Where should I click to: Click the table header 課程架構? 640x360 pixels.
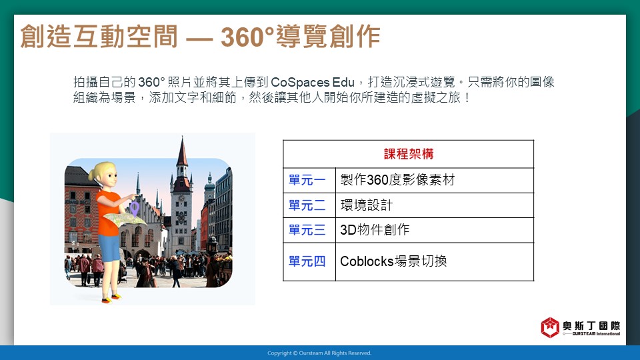409,154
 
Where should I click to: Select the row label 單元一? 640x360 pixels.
307,180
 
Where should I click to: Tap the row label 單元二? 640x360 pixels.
307,205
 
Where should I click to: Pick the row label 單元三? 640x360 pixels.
307,230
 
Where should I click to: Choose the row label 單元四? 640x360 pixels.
307,261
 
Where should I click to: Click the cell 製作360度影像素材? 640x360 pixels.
397,180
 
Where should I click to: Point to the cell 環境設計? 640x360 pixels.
366,205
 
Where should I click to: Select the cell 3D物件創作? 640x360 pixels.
375,230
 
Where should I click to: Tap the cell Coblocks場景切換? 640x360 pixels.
393,261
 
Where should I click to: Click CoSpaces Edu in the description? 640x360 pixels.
312,83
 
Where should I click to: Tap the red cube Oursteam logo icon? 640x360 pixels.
550,327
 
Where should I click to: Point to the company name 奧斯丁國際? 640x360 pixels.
591,326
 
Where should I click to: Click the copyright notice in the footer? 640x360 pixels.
319,353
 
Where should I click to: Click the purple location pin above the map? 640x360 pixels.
134,209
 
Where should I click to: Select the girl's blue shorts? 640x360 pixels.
109,247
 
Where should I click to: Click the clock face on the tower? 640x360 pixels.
181,199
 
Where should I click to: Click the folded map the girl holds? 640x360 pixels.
125,219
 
